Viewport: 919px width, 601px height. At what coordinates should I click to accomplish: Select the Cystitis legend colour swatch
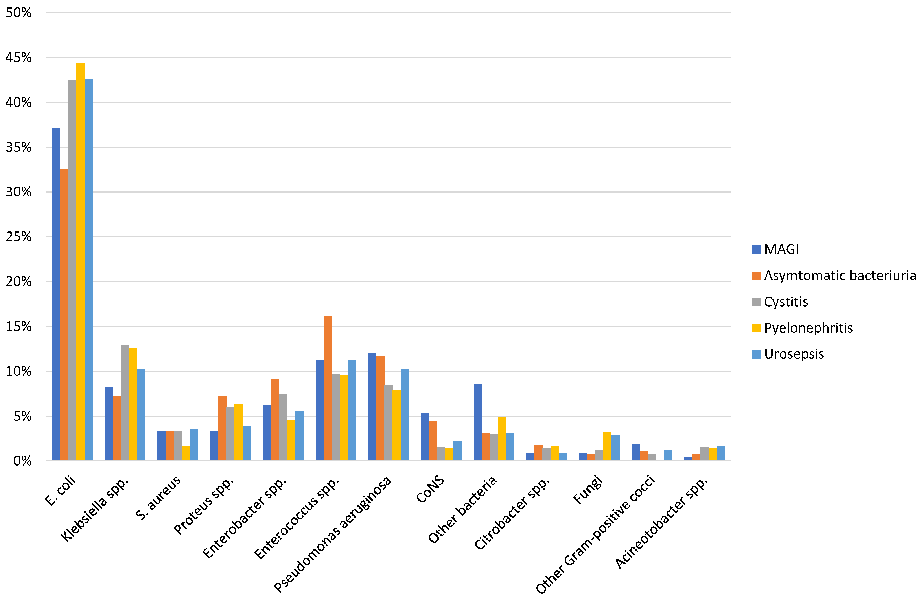(x=756, y=302)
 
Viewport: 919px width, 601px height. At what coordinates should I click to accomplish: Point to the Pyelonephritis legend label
(x=808, y=328)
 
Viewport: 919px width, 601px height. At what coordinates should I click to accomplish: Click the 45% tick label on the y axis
(x=18, y=57)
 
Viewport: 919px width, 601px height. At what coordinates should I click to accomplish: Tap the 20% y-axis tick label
(x=18, y=282)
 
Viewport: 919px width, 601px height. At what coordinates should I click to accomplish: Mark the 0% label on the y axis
(x=22, y=461)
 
